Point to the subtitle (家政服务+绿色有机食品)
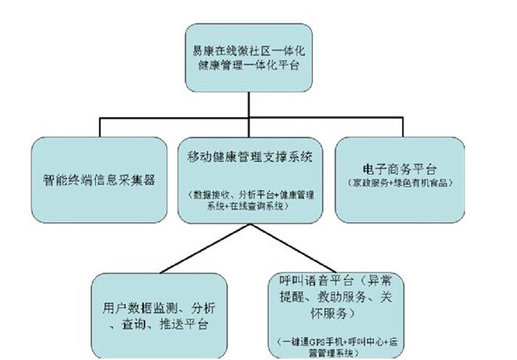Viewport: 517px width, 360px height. (x=390, y=183)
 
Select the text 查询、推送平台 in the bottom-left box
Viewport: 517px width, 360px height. (x=159, y=324)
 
